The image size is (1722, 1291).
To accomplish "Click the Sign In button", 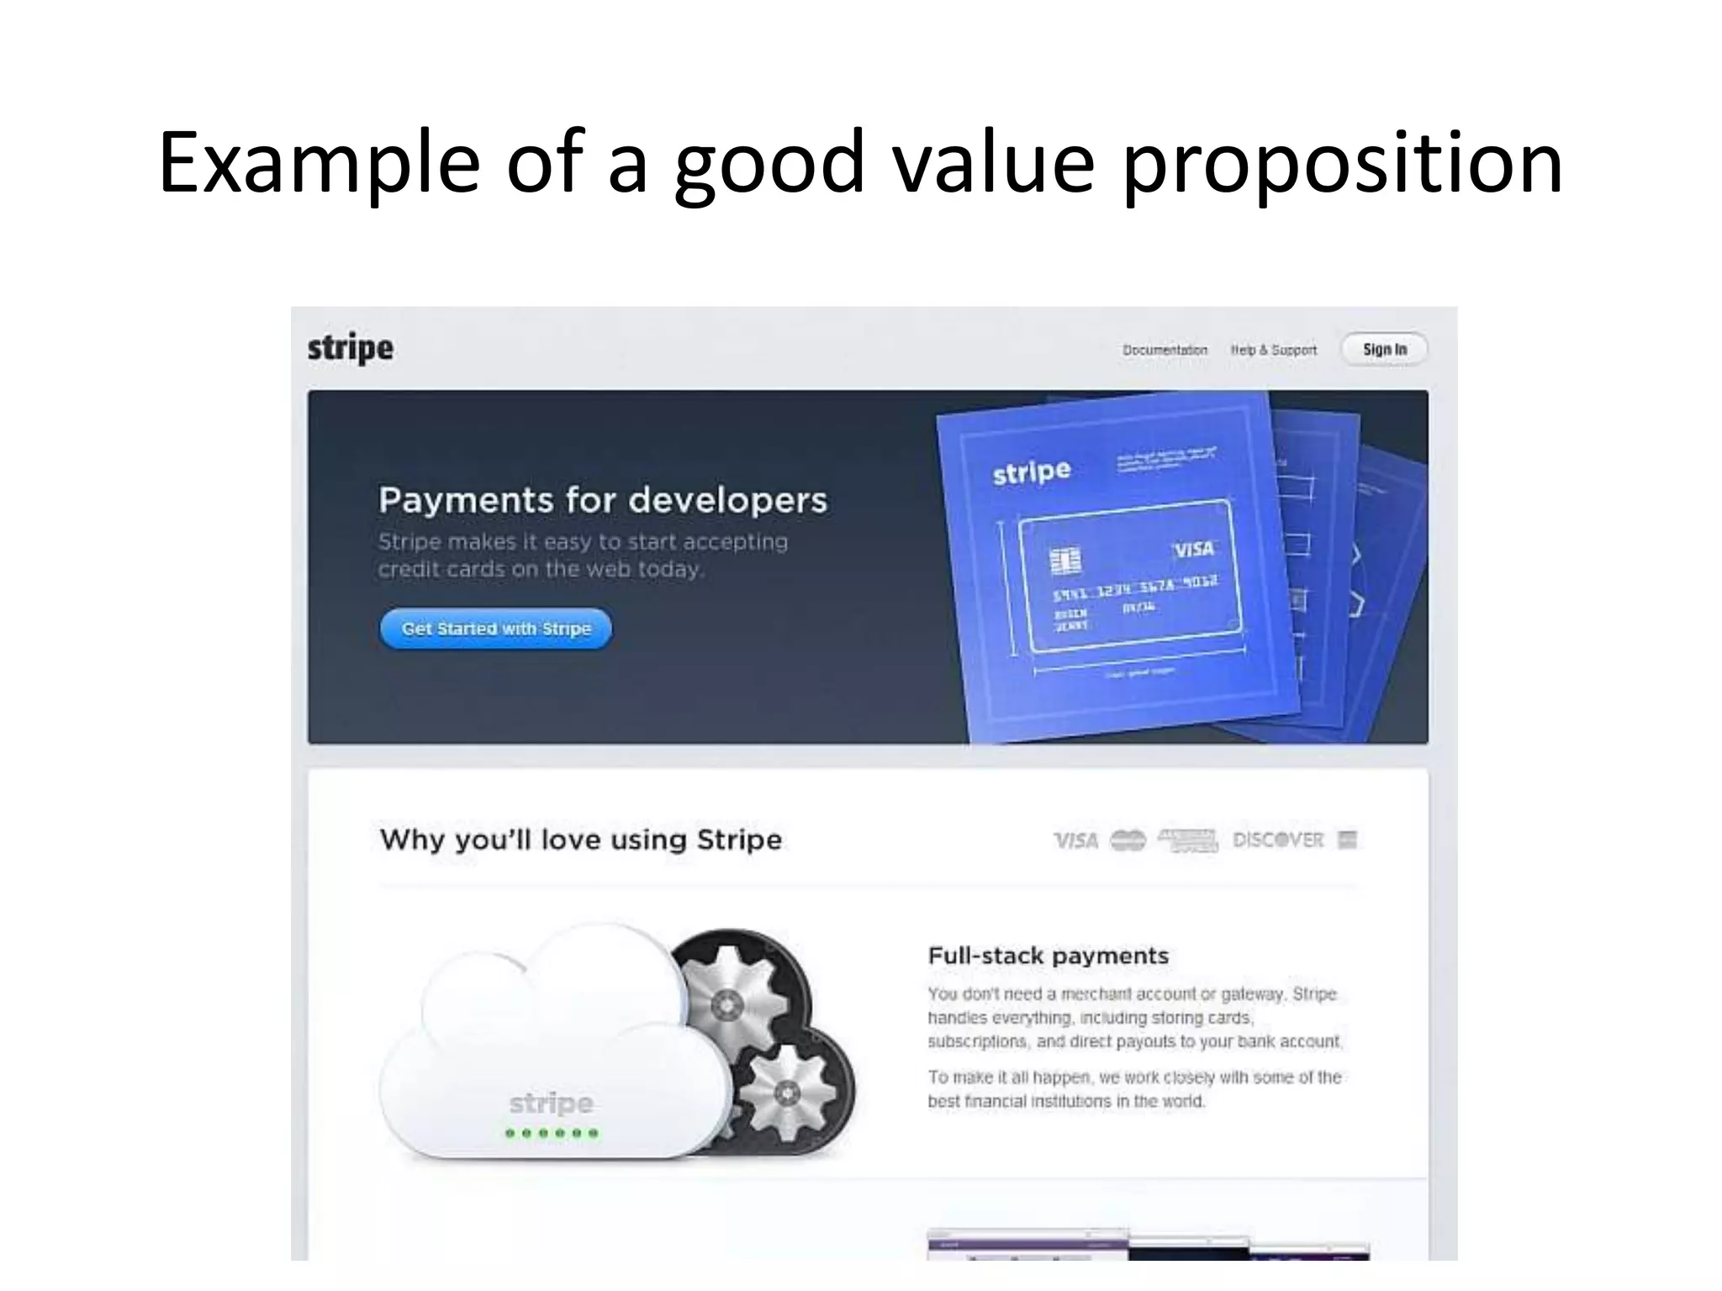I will [1384, 350].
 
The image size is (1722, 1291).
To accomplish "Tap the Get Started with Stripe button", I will [496, 629].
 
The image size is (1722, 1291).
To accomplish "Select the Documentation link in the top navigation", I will [1165, 350].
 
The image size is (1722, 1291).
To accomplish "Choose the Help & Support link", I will [1273, 350].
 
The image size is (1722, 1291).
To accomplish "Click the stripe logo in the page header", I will [350, 348].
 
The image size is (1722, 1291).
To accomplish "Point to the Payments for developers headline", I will [602, 500].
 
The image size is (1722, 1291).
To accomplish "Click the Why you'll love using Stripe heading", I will [580, 840].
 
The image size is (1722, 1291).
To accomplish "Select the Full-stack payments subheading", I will [1048, 956].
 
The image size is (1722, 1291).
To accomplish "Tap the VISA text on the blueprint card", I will [1193, 550].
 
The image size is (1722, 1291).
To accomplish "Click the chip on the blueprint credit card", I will [1065, 561].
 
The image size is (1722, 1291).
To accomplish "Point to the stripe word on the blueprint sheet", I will [1032, 472].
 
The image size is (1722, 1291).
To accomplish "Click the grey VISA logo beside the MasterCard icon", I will [1075, 840].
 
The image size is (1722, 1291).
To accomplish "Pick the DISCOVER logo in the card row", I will [1277, 840].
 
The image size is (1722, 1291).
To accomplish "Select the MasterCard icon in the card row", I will [1128, 840].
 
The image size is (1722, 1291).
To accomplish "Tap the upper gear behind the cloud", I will [725, 1001].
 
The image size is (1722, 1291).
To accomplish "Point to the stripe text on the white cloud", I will [551, 1104].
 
